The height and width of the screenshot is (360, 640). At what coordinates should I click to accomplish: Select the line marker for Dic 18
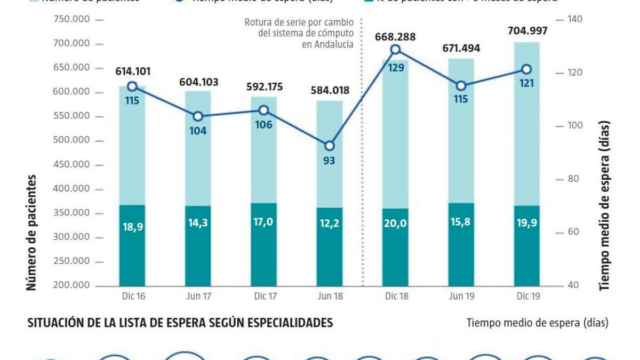pyautogui.click(x=395, y=50)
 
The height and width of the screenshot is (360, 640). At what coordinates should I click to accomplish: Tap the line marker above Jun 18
pyautogui.click(x=329, y=146)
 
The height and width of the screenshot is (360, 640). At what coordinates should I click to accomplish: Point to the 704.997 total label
pyautogui.click(x=526, y=31)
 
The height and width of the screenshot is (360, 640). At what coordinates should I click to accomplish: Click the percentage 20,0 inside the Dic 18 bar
pyautogui.click(x=395, y=223)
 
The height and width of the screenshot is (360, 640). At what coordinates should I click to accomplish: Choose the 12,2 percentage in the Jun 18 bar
pyautogui.click(x=329, y=223)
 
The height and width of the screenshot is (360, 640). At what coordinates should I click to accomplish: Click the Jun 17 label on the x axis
pyautogui.click(x=198, y=297)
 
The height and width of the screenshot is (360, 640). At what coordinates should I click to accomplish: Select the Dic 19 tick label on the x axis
pyautogui.click(x=526, y=297)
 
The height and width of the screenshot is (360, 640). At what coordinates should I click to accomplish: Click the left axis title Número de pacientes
pyautogui.click(x=32, y=232)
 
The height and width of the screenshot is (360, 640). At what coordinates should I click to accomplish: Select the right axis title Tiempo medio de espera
pyautogui.click(x=604, y=205)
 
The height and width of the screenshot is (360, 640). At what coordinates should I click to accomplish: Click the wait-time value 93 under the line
pyautogui.click(x=329, y=160)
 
